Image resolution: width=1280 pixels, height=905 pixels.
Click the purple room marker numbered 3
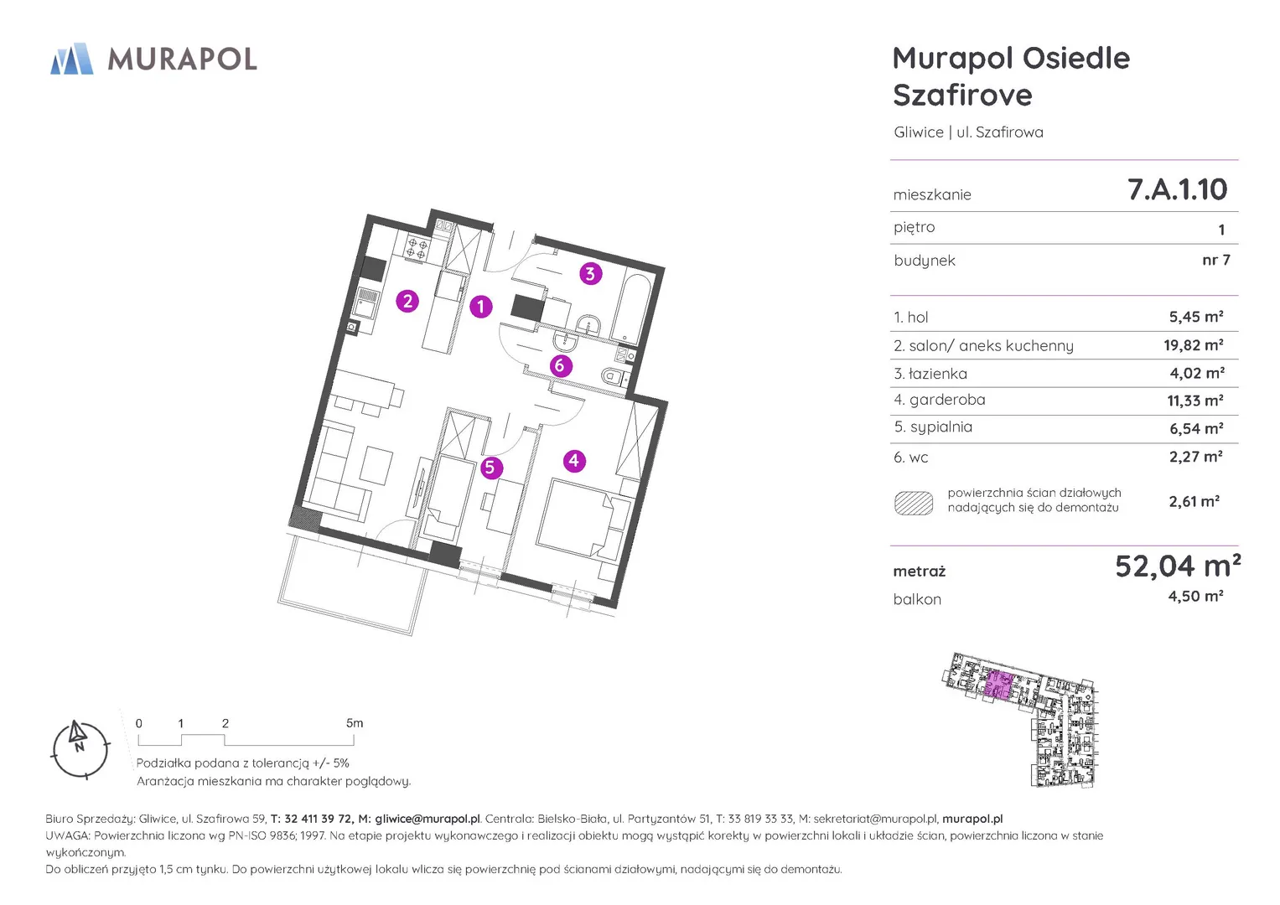click(590, 274)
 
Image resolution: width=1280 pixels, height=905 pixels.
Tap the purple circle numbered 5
click(490, 468)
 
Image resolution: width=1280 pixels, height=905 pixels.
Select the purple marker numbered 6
click(560, 365)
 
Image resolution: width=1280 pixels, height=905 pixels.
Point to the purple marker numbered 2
click(407, 301)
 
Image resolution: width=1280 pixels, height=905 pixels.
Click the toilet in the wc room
click(615, 376)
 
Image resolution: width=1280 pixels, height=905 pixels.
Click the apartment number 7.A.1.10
click(1177, 189)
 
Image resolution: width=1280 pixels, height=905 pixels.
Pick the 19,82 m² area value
click(1193, 345)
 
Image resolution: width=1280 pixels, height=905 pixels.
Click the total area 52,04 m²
click(1178, 566)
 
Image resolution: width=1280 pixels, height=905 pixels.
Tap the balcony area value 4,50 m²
click(1195, 596)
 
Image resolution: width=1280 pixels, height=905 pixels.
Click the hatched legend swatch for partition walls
click(913, 503)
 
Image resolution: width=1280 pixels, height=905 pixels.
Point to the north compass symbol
click(80, 749)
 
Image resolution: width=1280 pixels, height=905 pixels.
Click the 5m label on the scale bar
click(355, 723)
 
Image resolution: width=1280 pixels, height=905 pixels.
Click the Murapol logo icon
click(72, 59)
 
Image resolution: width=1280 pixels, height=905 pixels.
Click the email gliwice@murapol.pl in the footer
click(427, 819)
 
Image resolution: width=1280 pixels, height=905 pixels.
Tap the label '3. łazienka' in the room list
click(930, 374)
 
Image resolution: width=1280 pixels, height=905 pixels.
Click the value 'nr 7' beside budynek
click(1216, 260)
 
